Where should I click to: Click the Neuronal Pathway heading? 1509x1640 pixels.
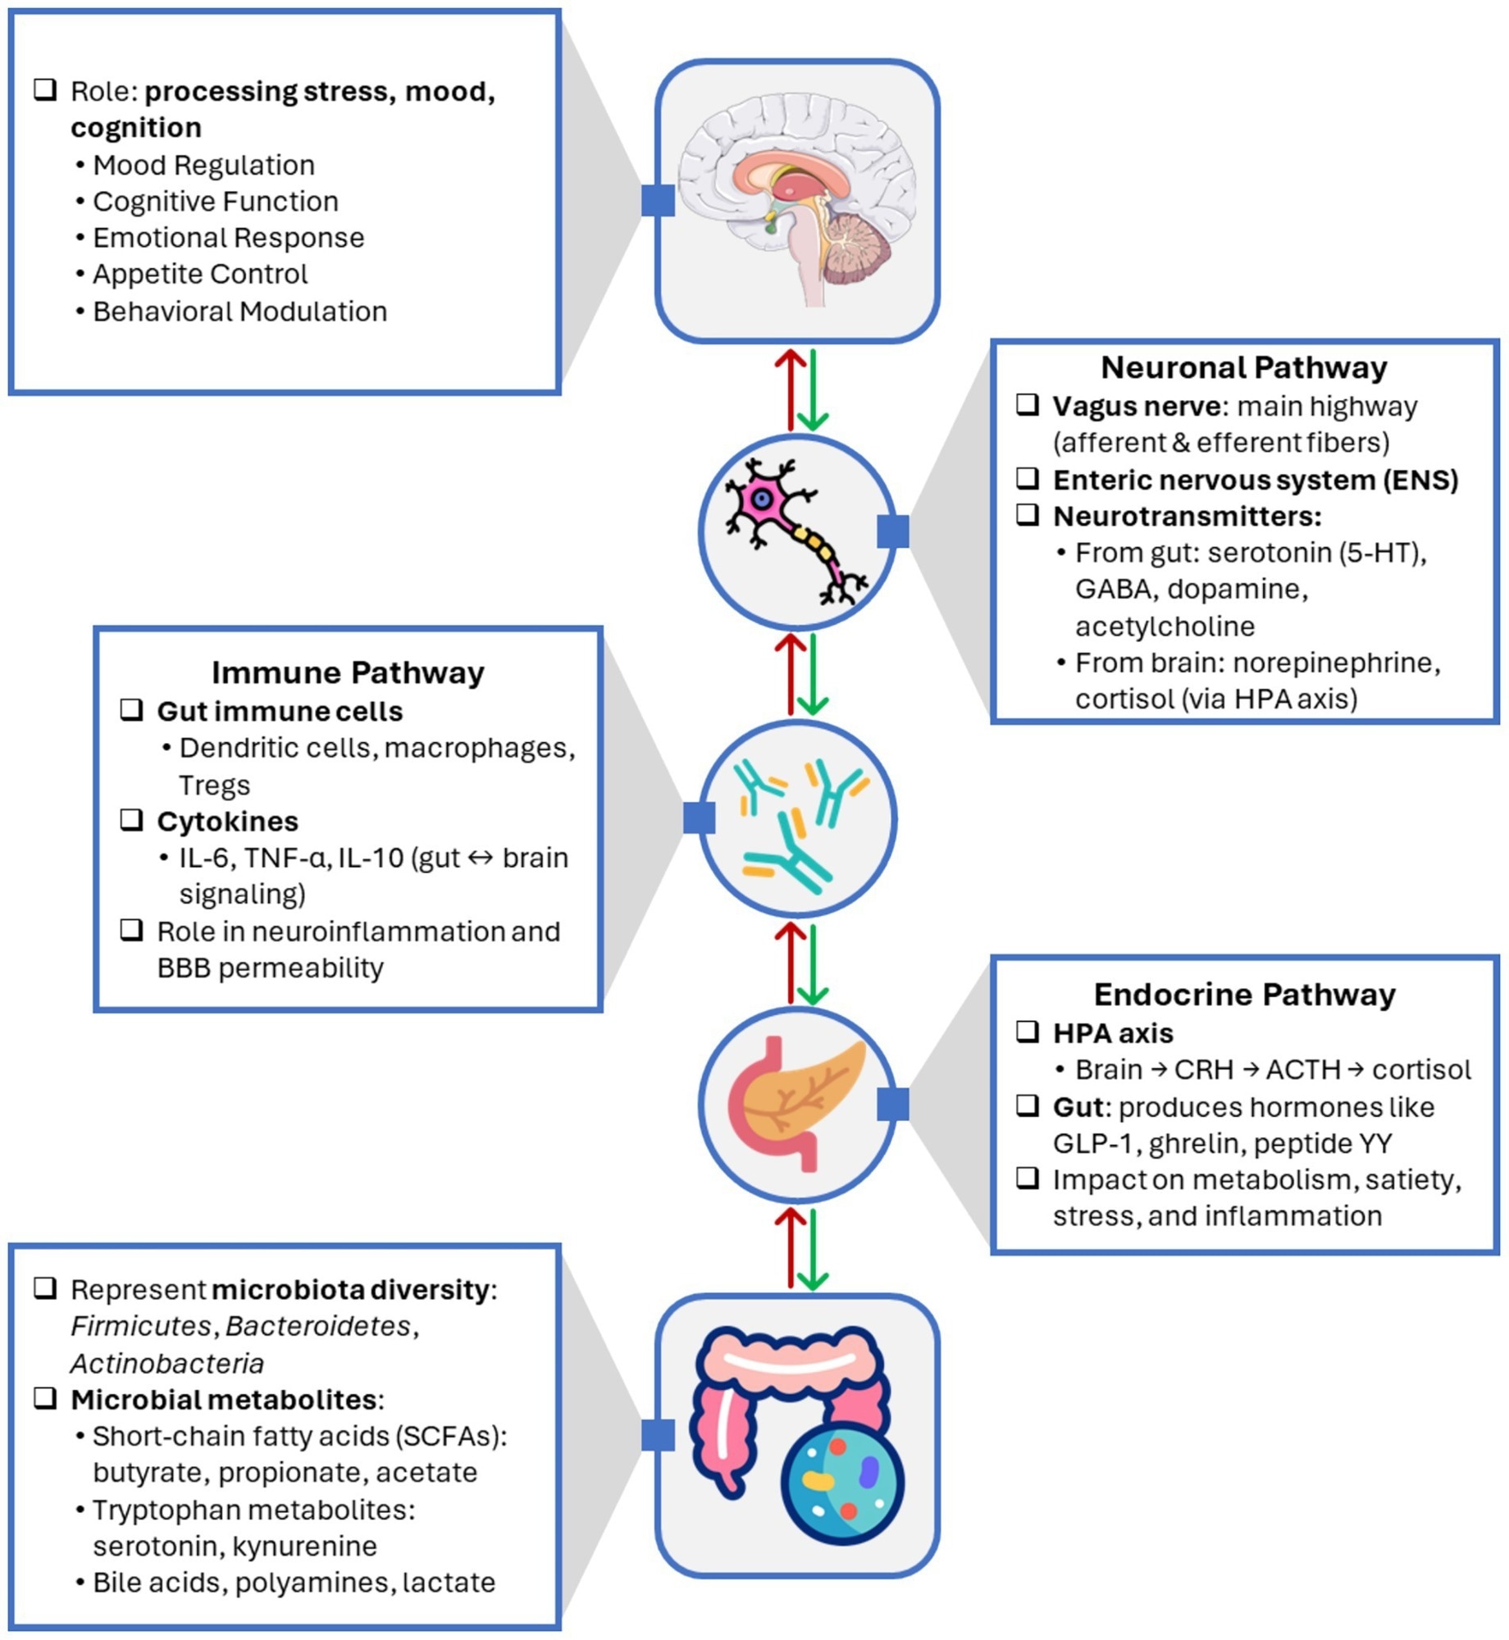pyautogui.click(x=1243, y=367)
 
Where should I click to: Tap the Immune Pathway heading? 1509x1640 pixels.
pyautogui.click(x=348, y=672)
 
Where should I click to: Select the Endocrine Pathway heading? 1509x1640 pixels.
pyautogui.click(x=1244, y=994)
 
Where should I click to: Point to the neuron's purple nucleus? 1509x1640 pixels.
pyautogui.click(x=762, y=498)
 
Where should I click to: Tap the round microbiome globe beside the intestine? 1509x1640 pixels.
pyautogui.click(x=842, y=1484)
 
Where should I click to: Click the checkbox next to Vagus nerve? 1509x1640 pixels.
pyautogui.click(x=1028, y=404)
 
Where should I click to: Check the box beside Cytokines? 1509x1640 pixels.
pyautogui.click(x=132, y=819)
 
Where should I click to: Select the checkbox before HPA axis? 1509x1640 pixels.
pyautogui.click(x=1028, y=1032)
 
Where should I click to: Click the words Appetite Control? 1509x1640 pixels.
pyautogui.click(x=200, y=274)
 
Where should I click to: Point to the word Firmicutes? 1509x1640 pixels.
pyautogui.click(x=140, y=1326)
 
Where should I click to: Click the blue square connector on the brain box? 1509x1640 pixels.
pyautogui.click(x=658, y=200)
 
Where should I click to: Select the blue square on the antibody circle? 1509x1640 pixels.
pyautogui.click(x=699, y=818)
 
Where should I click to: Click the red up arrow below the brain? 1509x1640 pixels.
pyautogui.click(x=791, y=389)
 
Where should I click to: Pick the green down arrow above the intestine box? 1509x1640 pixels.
pyautogui.click(x=813, y=1249)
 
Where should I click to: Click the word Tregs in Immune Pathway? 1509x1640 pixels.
pyautogui.click(x=214, y=785)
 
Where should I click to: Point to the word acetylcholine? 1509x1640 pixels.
pyautogui.click(x=1165, y=626)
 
